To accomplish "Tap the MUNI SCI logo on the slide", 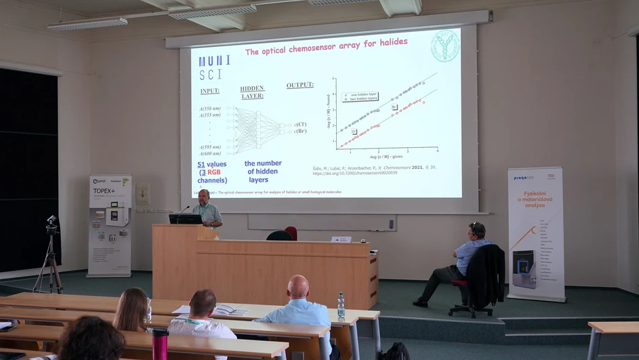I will [x=214, y=67].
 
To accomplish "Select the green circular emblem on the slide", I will [x=445, y=46].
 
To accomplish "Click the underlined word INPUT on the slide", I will [x=210, y=91].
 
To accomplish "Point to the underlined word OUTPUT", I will [x=300, y=85].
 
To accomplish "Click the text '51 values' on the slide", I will [x=212, y=164].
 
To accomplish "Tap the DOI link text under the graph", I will [x=354, y=173].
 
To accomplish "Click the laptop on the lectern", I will [x=185, y=219].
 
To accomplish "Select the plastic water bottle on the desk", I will [x=341, y=306].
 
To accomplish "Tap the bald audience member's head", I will [x=297, y=287].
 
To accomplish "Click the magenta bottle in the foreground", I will [x=160, y=344].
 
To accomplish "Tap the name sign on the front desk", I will [x=341, y=239].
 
